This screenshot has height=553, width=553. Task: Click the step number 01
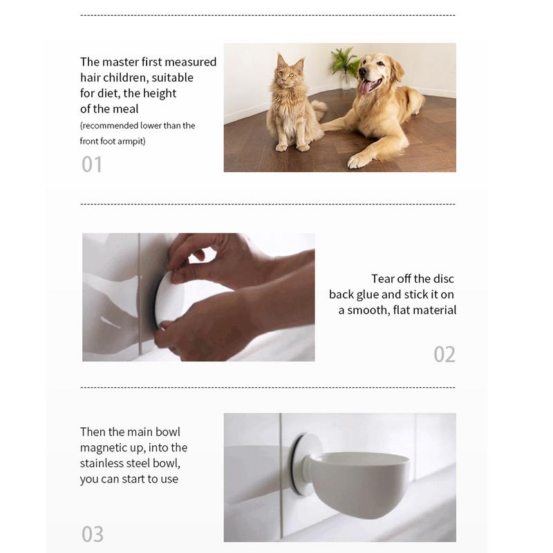click(92, 165)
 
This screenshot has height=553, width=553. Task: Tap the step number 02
click(444, 354)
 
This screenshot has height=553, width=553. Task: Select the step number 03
click(93, 534)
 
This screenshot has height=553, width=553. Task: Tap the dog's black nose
click(363, 71)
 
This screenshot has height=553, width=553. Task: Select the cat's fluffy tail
click(319, 109)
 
